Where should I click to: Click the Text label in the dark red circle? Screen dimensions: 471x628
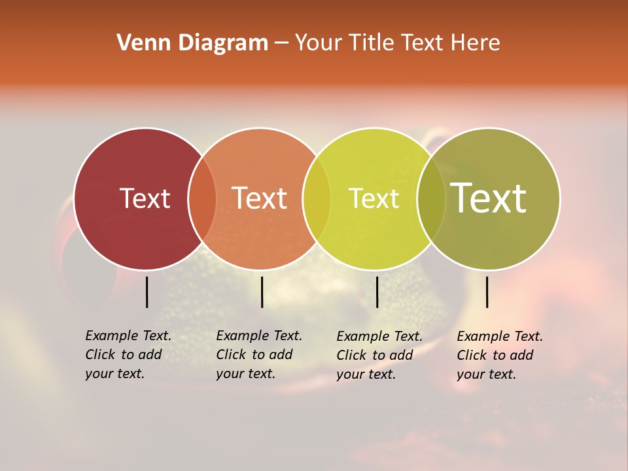(145, 198)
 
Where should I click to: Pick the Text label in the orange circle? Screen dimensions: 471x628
(259, 198)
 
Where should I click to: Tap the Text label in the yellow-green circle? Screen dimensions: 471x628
(374, 198)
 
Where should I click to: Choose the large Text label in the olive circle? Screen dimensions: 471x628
(488, 198)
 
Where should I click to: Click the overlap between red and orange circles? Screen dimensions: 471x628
(202, 199)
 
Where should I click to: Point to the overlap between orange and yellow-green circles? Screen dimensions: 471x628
(317, 199)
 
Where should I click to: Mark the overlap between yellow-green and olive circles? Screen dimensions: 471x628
(430, 199)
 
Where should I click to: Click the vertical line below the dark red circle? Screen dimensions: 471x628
(147, 292)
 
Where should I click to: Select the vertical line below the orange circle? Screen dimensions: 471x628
(262, 292)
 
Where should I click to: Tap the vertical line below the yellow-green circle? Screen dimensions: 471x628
(377, 292)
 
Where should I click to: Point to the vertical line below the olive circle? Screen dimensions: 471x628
(487, 292)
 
